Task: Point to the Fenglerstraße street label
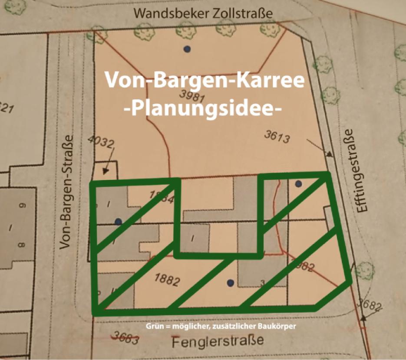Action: (218, 341)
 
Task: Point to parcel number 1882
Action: (167, 280)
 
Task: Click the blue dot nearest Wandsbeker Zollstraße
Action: (187, 49)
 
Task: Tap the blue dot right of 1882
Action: (231, 283)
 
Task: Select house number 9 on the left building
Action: (22, 206)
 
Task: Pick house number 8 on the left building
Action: (22, 245)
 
